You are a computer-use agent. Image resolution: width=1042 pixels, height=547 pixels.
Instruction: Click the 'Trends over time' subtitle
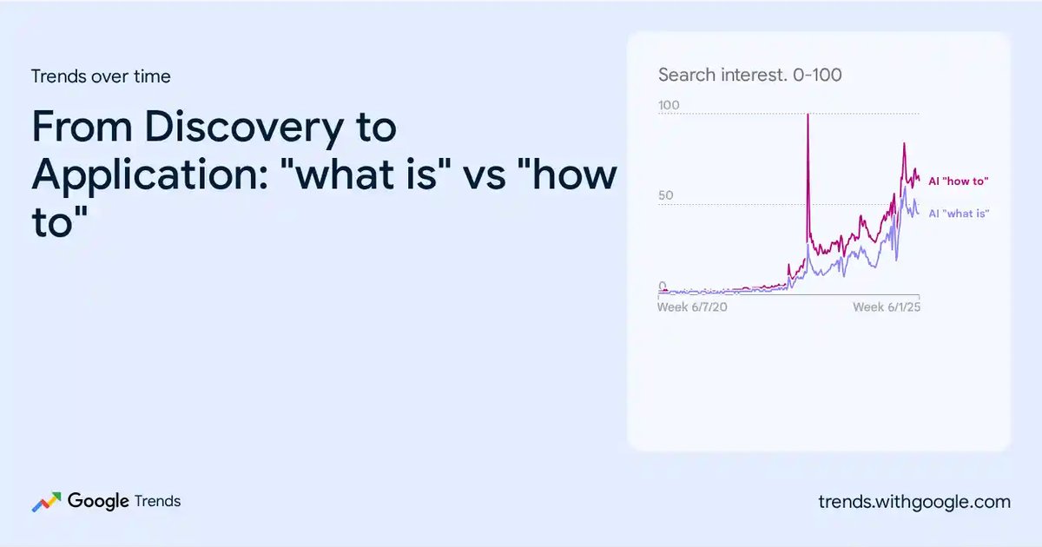[101, 76]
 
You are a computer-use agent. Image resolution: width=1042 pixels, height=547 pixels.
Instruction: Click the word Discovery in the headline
[244, 127]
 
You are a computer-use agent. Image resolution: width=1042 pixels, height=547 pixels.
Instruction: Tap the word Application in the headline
[149, 175]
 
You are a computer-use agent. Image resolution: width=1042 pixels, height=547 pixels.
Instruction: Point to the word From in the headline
[82, 127]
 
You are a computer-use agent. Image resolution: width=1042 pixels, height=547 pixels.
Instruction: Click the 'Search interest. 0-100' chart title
[750, 75]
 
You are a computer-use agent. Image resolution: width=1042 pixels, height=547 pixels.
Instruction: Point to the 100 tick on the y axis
[669, 105]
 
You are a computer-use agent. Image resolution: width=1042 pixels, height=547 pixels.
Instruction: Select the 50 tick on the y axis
[666, 195]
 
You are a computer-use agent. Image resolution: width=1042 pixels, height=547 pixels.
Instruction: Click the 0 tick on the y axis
[663, 285]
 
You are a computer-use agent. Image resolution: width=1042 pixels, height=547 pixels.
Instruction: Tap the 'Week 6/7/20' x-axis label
[692, 307]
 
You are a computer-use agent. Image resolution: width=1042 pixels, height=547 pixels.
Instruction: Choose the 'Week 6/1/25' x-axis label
[887, 307]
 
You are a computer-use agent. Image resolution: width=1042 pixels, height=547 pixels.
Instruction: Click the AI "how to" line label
[959, 181]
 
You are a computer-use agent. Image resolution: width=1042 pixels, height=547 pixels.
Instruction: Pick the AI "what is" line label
[959, 214]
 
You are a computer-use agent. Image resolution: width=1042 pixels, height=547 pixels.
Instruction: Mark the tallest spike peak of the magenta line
[808, 115]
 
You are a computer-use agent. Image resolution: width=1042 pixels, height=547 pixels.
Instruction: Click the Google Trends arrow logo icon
[46, 503]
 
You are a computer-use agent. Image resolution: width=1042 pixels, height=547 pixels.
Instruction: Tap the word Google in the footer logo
[98, 502]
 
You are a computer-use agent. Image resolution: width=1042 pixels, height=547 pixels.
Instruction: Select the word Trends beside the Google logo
[157, 502]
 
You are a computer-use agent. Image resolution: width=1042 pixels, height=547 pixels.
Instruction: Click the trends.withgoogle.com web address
[914, 503]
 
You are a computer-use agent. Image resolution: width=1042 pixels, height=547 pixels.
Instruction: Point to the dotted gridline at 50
[788, 205]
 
